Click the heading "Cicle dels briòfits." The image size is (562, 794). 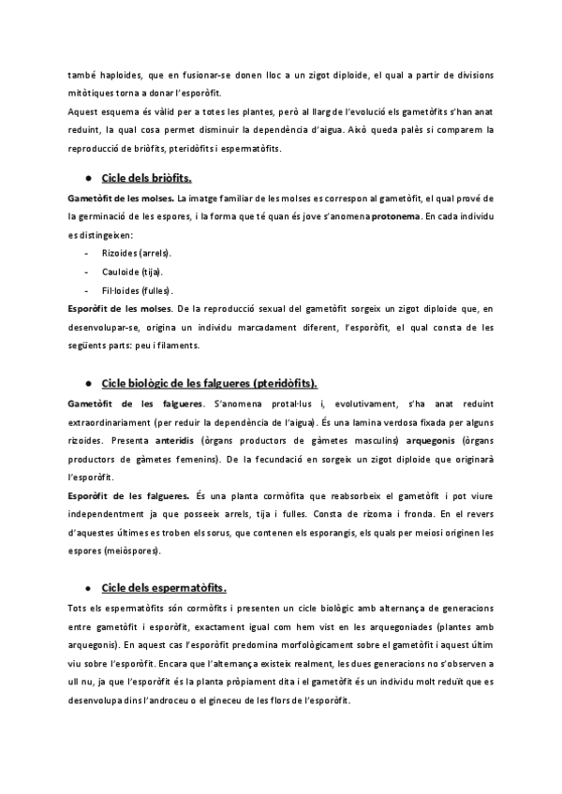coord(145,178)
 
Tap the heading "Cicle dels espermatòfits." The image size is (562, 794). coord(163,588)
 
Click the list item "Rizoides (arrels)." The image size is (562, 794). coord(136,253)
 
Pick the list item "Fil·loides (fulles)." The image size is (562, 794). coord(136,290)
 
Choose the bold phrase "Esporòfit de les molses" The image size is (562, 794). coord(119,308)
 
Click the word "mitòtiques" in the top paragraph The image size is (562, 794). coord(92,93)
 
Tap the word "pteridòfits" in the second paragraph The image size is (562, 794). coord(197,148)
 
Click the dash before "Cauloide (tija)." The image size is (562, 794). coord(87,272)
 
